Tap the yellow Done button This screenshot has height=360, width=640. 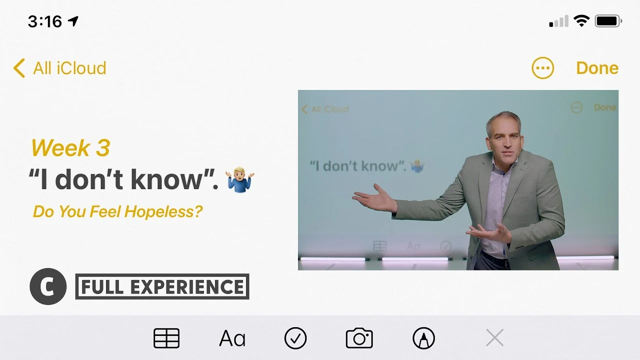[597, 68]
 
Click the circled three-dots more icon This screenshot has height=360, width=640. [542, 68]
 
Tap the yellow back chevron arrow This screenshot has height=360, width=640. [19, 68]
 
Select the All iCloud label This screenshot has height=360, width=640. [69, 68]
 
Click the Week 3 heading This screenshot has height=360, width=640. [70, 147]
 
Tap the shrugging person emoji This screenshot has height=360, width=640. [239, 179]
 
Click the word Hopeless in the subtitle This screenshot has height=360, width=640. [163, 211]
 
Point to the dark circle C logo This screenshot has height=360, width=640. [48, 286]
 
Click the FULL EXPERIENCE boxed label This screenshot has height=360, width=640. [162, 286]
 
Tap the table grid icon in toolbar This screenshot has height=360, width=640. [166, 338]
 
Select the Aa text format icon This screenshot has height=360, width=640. [232, 338]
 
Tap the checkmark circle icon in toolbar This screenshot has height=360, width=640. [295, 338]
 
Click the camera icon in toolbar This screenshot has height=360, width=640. [359, 338]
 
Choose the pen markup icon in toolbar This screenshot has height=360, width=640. [423, 338]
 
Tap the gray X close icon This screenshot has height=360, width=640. [494, 337]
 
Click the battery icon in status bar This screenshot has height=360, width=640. [608, 21]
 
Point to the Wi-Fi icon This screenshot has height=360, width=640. [581, 21]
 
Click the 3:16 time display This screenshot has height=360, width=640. [45, 21]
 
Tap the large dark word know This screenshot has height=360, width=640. [166, 179]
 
